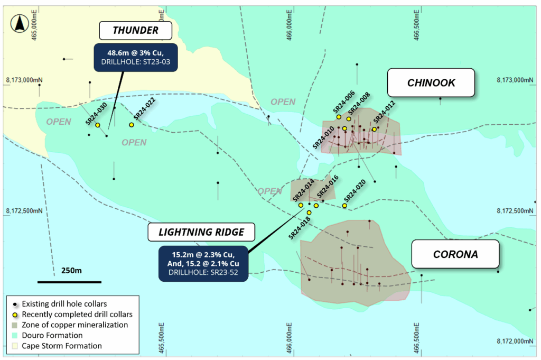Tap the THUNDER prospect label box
coord(135,30)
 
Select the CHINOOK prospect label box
coord(431,83)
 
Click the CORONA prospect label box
coord(455,254)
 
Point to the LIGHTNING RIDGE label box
coord(202,232)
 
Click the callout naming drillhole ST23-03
coord(135,58)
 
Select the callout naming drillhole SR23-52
coord(203,263)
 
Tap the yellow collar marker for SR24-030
coord(98,125)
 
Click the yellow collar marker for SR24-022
coord(132,125)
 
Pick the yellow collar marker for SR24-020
coord(345,206)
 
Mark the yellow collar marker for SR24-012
coord(374,129)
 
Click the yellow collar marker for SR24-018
coord(309,213)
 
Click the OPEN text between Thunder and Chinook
coord(283,102)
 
